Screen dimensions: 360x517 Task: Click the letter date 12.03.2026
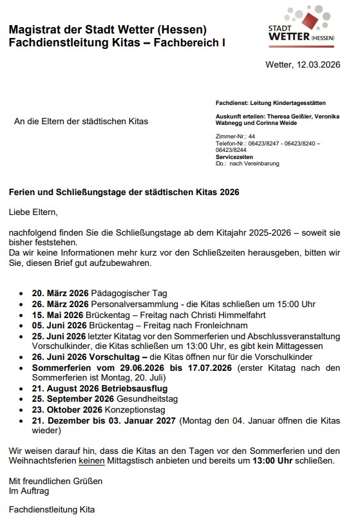[x=318, y=65]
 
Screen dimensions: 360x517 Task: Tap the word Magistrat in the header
[x=35, y=30]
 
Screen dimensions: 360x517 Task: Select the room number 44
[x=252, y=136]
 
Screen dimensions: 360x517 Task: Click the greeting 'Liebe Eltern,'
[x=33, y=211]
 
